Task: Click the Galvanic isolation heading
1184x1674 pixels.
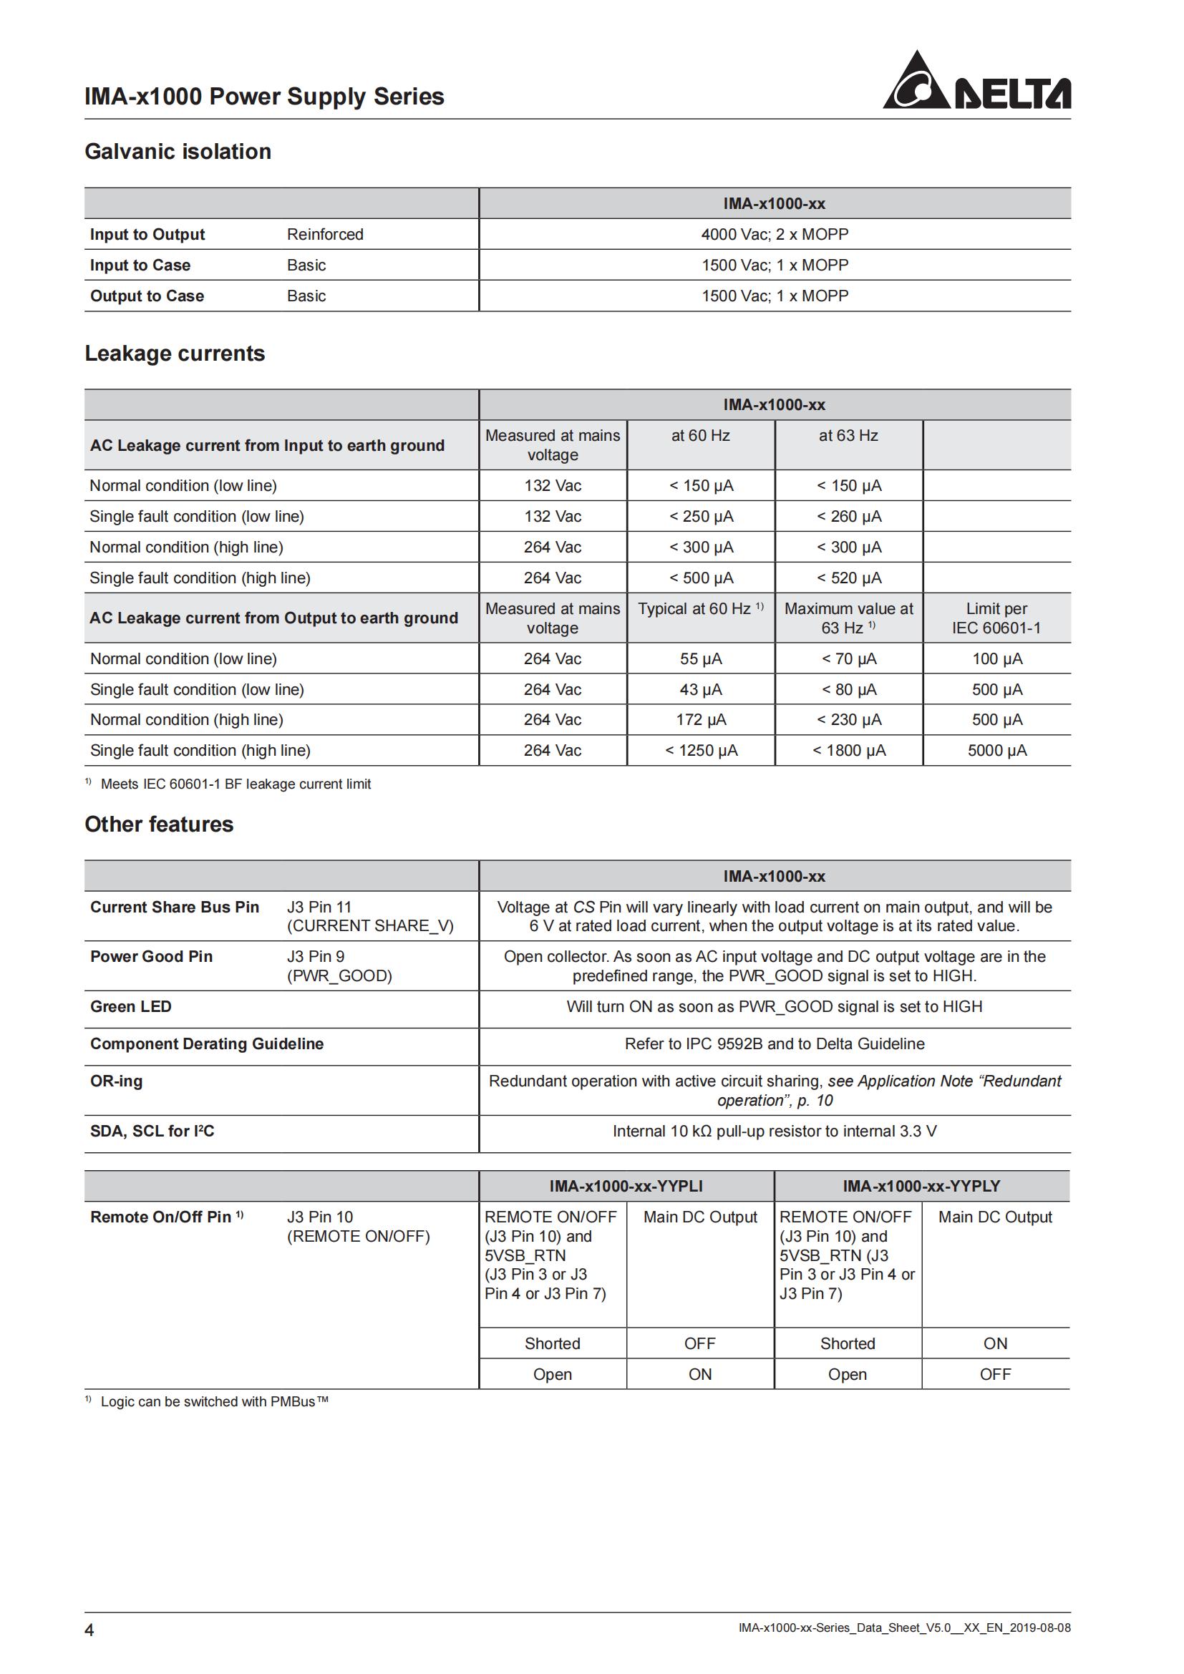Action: coord(178,152)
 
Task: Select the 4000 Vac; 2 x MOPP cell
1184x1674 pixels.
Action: coord(775,235)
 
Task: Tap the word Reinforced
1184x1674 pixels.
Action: coord(325,235)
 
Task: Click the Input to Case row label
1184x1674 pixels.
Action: coord(140,266)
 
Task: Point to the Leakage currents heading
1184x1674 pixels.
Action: coord(175,354)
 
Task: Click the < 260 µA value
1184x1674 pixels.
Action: coord(849,517)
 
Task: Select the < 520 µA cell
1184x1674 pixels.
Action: coord(849,578)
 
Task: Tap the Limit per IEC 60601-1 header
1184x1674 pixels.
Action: coord(996,618)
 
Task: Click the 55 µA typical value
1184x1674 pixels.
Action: coord(701,659)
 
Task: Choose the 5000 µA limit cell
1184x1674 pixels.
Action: coord(996,751)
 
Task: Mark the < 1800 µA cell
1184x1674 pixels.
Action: coord(849,751)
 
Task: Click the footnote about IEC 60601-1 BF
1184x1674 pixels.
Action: coord(235,784)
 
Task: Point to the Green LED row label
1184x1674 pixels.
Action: coord(131,1007)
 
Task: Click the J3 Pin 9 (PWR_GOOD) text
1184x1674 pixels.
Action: coord(339,966)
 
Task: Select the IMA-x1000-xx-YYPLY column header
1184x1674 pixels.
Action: coord(921,1186)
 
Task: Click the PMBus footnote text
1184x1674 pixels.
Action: coord(214,1401)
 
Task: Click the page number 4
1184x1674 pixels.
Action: coord(89,1630)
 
